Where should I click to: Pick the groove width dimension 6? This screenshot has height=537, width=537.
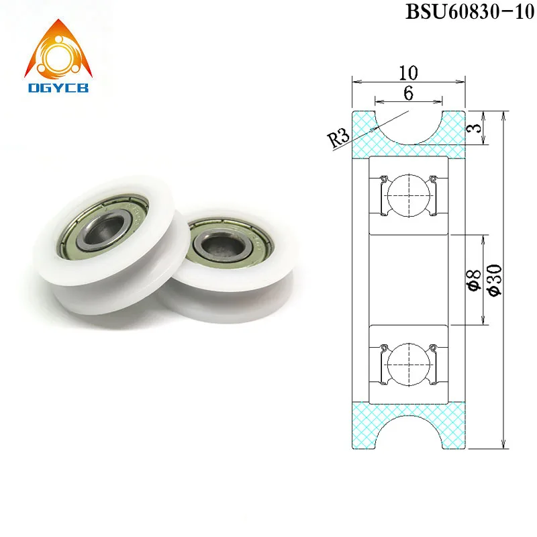tap(407, 95)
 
